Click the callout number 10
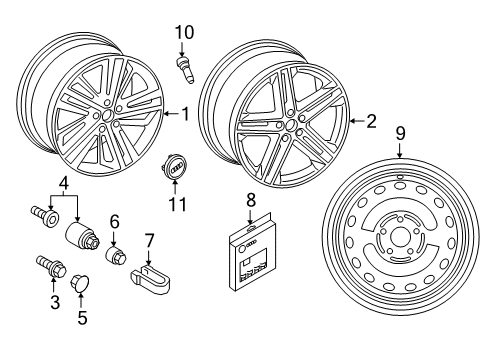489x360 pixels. click(x=184, y=33)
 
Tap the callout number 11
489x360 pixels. click(x=177, y=204)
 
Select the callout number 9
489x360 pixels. click(x=400, y=133)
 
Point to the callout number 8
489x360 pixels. click(x=251, y=200)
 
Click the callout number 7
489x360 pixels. click(x=149, y=241)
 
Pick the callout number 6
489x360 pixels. click(x=114, y=222)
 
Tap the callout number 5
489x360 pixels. click(x=82, y=317)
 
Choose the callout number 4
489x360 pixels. click(x=64, y=183)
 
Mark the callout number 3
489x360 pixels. click(x=55, y=302)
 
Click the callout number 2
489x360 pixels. click(x=371, y=121)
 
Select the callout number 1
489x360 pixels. click(x=185, y=114)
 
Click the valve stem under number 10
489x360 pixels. click(x=185, y=70)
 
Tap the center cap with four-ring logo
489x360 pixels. click(x=175, y=165)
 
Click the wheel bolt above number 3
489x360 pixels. click(x=51, y=266)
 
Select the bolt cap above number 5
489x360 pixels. click(x=80, y=282)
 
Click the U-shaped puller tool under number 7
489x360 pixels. click(x=150, y=279)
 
